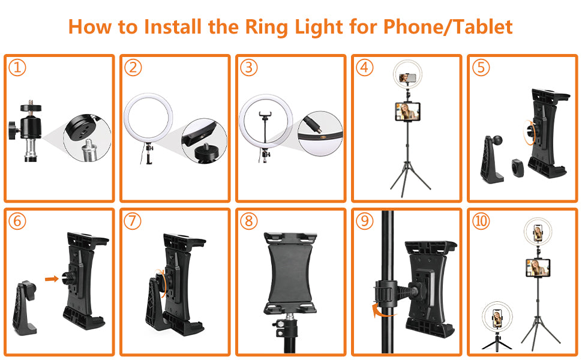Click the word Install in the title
(x=173, y=27)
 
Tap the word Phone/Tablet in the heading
(x=448, y=27)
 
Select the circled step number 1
(x=17, y=68)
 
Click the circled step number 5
(x=481, y=68)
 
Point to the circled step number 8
(x=248, y=221)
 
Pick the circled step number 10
(x=481, y=221)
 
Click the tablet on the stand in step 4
(x=407, y=112)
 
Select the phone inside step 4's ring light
(x=407, y=77)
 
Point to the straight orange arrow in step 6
(x=52, y=279)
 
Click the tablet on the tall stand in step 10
(x=538, y=268)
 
